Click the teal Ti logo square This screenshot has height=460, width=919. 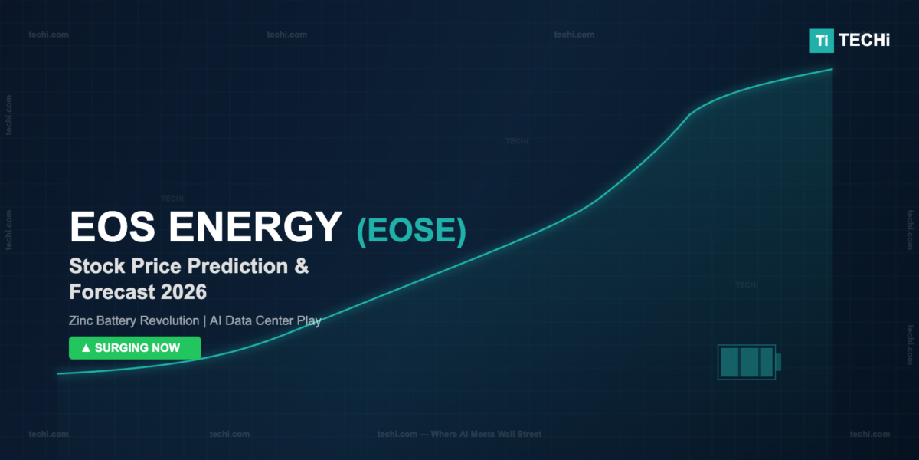click(821, 41)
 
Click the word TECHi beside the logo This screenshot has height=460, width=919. click(864, 40)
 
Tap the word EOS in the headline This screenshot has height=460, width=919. click(113, 227)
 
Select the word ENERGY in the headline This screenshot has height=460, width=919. click(255, 227)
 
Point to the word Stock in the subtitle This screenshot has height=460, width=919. click(96, 266)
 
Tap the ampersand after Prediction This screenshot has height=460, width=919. click(302, 266)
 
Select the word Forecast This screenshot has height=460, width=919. click(112, 292)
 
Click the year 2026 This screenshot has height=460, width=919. click(184, 292)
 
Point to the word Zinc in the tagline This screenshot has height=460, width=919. click(81, 320)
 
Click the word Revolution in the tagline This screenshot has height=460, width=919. click(168, 320)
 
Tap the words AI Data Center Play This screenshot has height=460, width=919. click(265, 320)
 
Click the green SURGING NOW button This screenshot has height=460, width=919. click(135, 348)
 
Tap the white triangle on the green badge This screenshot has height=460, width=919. click(86, 348)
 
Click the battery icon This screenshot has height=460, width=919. click(749, 362)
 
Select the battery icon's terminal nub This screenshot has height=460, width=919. click(778, 362)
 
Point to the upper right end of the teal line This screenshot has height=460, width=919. click(832, 69)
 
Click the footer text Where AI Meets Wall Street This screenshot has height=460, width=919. click(486, 434)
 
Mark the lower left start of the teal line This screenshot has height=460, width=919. click(58, 374)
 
